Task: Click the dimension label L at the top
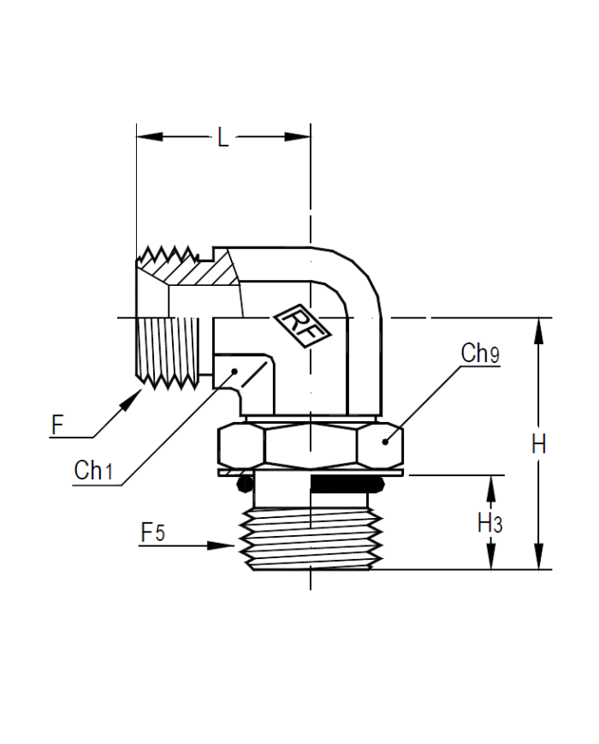(222, 137)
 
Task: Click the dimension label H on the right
(538, 444)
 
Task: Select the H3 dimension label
(489, 523)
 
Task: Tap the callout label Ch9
(480, 353)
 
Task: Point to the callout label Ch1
(93, 470)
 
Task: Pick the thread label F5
(152, 532)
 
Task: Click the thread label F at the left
(57, 425)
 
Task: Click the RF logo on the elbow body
(304, 325)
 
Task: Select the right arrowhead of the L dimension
(298, 137)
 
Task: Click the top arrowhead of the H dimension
(538, 330)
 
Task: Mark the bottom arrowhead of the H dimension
(538, 557)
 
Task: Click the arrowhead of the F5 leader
(222, 545)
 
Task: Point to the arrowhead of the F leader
(131, 401)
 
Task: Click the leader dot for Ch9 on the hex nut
(384, 443)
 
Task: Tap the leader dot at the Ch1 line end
(234, 371)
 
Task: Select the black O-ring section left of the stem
(246, 484)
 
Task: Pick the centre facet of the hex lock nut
(310, 445)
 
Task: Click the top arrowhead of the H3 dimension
(491, 489)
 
